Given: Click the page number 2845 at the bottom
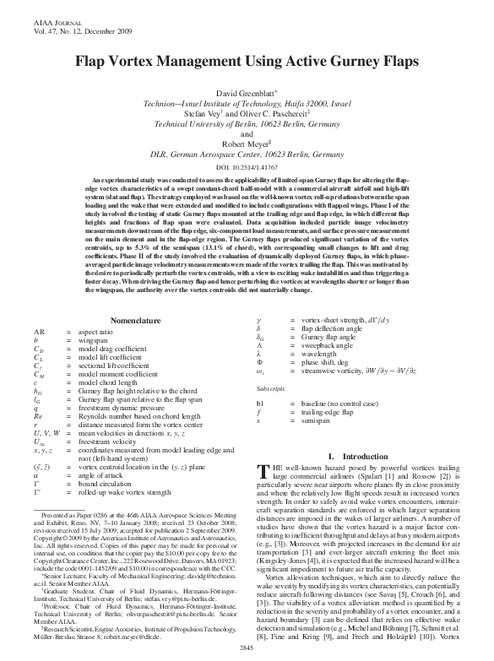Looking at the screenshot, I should click(247, 646).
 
